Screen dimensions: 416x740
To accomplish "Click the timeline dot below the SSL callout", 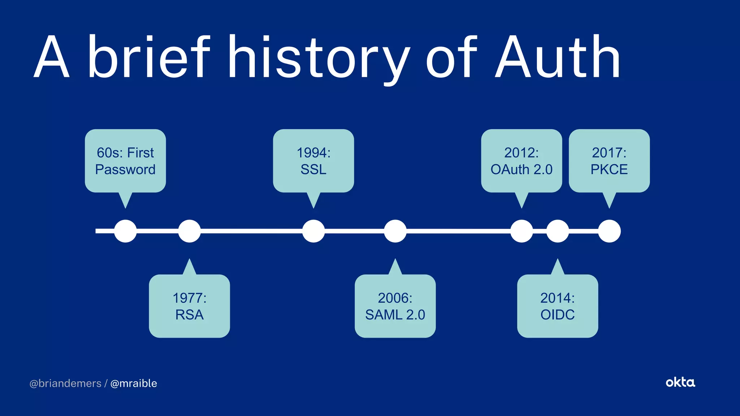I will tap(313, 231).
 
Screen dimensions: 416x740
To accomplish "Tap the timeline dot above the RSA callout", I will tap(189, 231).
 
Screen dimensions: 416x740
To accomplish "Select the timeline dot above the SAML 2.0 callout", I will tap(395, 231).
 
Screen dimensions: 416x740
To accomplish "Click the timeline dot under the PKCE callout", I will tap(609, 231).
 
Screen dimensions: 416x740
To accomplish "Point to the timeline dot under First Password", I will tap(125, 231).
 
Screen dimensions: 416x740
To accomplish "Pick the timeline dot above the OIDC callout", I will tap(558, 231).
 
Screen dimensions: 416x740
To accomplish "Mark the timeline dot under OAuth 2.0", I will tap(521, 231).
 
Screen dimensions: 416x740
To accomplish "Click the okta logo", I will tap(680, 382).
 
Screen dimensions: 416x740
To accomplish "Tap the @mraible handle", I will tap(134, 383).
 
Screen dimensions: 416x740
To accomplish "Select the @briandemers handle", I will tap(65, 383).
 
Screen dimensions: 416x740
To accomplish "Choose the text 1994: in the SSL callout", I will tap(313, 153).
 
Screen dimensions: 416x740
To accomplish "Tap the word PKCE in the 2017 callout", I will tap(609, 169).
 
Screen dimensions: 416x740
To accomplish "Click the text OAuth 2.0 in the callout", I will tap(521, 169).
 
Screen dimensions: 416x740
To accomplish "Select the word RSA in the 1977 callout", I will tap(189, 315).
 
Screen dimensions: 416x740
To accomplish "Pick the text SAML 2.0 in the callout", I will tap(395, 315).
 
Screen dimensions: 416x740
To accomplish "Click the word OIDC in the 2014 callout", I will tap(558, 315).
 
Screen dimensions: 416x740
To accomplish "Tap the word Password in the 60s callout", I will tap(125, 169).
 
